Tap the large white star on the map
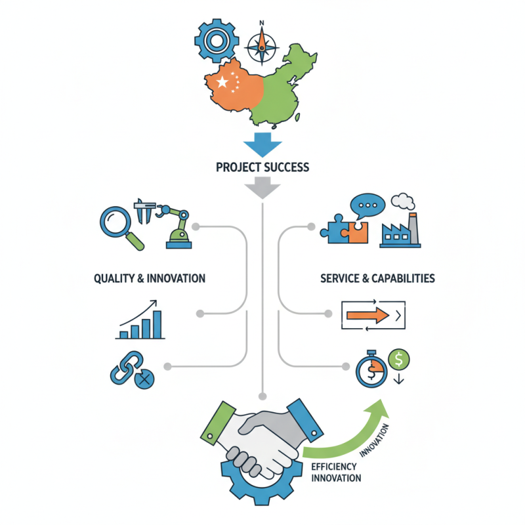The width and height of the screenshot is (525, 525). pyautogui.click(x=222, y=81)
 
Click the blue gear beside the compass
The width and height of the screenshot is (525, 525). pyautogui.click(x=217, y=41)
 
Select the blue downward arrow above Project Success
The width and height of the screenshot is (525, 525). pyautogui.click(x=262, y=144)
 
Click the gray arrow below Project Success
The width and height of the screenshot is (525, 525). pyautogui.click(x=262, y=188)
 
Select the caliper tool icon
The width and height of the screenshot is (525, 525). pyautogui.click(x=144, y=211)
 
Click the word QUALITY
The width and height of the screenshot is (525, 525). pyautogui.click(x=114, y=278)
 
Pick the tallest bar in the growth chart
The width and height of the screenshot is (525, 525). pyautogui.click(x=157, y=324)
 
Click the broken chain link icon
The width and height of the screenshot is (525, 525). pyautogui.click(x=132, y=369)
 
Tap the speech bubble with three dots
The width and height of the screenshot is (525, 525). pyautogui.click(x=367, y=205)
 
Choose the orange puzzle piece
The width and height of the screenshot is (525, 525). pyautogui.click(x=358, y=232)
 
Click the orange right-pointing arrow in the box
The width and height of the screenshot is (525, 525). pyautogui.click(x=367, y=315)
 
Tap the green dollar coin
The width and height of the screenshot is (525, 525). pyautogui.click(x=398, y=359)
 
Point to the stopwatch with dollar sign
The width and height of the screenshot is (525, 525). pyautogui.click(x=371, y=369)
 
